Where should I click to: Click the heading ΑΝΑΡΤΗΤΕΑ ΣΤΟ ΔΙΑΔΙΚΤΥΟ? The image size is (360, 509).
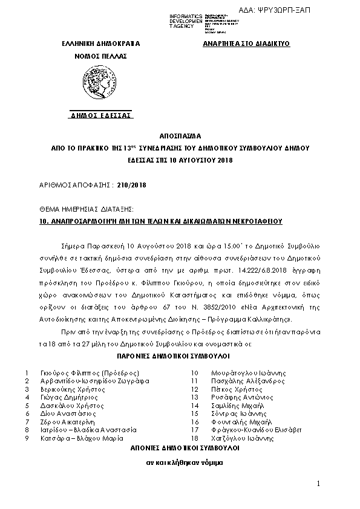246,44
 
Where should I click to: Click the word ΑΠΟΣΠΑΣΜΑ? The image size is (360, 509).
180,137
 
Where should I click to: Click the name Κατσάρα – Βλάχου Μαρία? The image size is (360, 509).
79,438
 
